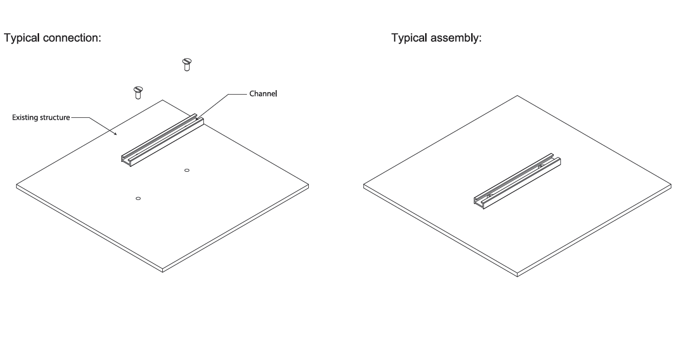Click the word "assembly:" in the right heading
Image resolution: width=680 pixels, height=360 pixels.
tap(457, 38)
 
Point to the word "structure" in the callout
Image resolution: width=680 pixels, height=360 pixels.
tap(56, 118)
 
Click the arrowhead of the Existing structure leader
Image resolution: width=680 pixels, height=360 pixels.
tap(117, 134)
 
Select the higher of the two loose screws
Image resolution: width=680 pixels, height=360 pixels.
tap(187, 64)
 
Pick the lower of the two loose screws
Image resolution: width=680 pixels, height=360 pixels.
tap(138, 92)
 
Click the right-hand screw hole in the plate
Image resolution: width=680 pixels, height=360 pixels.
tap(187, 170)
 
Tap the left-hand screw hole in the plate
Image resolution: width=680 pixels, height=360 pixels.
tap(138, 198)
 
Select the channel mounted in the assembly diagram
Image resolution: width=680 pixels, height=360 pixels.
tap(517, 179)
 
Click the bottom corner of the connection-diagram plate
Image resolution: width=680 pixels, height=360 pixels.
tap(163, 270)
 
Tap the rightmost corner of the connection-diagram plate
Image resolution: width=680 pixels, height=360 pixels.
tap(308, 185)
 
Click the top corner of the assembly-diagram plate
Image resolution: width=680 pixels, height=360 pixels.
tap(518, 96)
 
